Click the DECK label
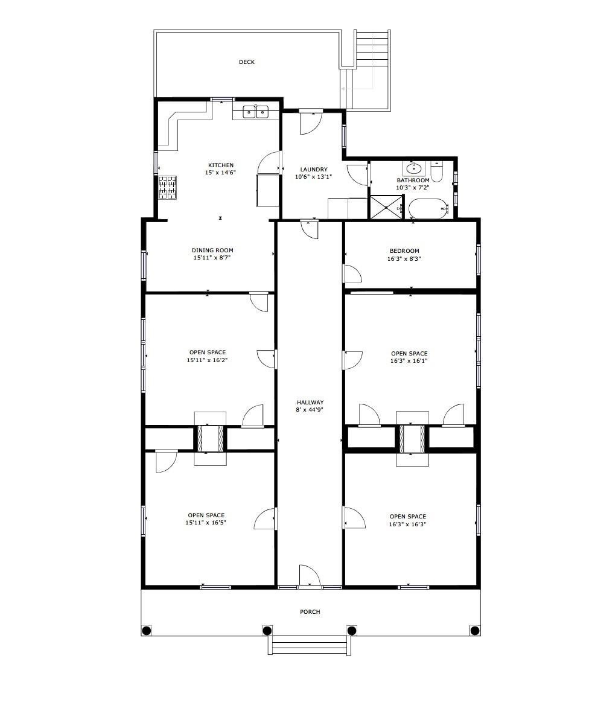[x=246, y=62]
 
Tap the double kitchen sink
[x=255, y=112]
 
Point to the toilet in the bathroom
[x=438, y=172]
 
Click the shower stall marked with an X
[x=386, y=207]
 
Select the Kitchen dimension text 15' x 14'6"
[x=220, y=173]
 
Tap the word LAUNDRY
[x=313, y=170]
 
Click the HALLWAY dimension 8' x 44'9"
[x=310, y=410]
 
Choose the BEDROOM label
[x=404, y=251]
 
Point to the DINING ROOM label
[x=212, y=250]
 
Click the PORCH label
[x=310, y=612]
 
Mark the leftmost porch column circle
[x=146, y=631]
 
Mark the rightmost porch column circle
[x=474, y=631]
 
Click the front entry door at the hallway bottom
[x=309, y=576]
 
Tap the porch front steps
[x=309, y=645]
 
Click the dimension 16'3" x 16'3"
[x=408, y=524]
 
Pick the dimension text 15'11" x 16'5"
[x=206, y=523]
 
